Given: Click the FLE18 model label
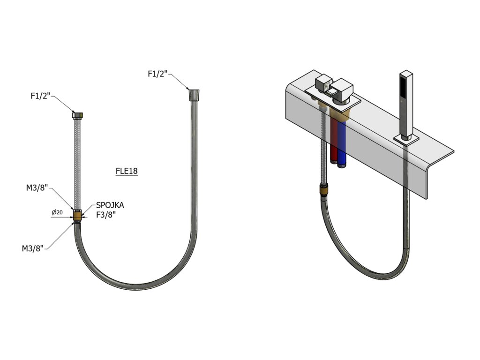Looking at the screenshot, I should tap(127, 171).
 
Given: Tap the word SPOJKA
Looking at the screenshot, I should tap(110, 205).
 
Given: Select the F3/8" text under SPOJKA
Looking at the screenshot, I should tap(106, 216).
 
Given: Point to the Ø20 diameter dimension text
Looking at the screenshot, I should tap(57, 212).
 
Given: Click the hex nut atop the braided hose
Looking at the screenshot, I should tap(78, 114).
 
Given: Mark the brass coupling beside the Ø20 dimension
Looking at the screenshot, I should tap(78, 216).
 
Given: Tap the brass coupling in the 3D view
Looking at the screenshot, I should tap(323, 190).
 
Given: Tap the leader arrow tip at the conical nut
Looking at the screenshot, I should tap(188, 89).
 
